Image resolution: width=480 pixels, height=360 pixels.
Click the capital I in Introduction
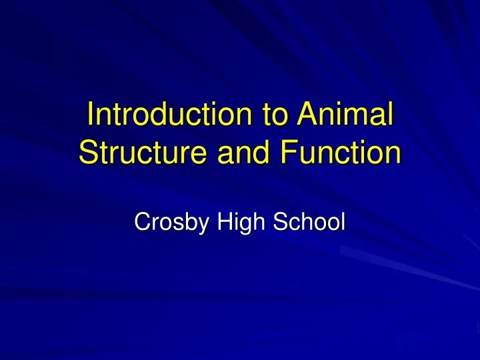[x=91, y=115]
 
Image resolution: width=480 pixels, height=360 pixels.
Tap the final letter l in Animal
[x=389, y=115]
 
